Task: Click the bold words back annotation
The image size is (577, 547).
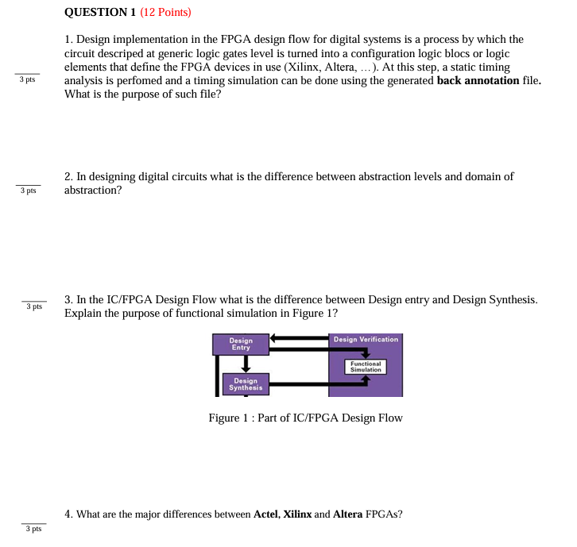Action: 478,80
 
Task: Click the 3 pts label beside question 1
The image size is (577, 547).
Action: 28,80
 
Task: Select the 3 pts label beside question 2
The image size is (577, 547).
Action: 28,191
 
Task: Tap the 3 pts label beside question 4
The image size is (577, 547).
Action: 33,528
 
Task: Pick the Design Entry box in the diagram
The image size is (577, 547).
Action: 241,344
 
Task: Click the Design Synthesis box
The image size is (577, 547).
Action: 246,384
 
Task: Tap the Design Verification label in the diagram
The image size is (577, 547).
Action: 366,339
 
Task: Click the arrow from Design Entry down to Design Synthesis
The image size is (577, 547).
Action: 246,364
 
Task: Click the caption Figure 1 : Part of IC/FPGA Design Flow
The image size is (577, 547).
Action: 305,418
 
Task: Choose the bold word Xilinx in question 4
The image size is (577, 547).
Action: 297,514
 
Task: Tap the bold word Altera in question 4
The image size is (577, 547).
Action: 347,514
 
